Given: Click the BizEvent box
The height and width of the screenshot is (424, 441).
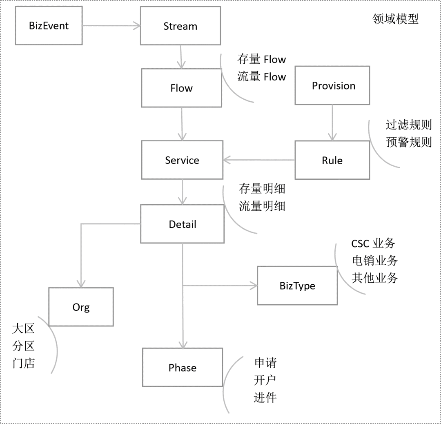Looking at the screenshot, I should (49, 26).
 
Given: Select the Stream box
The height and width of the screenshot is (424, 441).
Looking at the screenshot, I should (180, 26).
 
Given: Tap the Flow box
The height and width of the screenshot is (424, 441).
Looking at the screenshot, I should (181, 88).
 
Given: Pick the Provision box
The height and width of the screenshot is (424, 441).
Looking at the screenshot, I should (332, 85).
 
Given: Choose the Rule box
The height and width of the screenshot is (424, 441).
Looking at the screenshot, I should (332, 160).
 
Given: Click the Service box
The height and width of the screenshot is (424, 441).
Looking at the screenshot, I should (182, 160).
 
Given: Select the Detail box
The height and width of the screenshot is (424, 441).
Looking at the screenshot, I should (183, 224).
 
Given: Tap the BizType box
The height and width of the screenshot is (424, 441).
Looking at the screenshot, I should (297, 286).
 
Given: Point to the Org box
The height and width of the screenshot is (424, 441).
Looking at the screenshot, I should (81, 307).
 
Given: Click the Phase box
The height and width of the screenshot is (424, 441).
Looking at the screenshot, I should (183, 367).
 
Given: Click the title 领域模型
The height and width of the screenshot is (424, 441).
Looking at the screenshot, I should (396, 19).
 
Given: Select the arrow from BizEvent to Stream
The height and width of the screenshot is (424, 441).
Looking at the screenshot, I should (111, 26).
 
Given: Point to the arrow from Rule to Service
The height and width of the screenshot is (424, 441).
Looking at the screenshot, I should (259, 160).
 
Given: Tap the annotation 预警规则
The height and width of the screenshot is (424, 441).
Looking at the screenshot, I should (408, 142).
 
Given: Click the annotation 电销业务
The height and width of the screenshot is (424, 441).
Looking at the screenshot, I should (374, 260).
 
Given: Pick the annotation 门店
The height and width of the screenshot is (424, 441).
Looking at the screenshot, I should (23, 363).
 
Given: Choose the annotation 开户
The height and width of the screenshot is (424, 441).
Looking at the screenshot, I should (265, 380).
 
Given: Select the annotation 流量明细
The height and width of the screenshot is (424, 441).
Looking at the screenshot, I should (262, 206).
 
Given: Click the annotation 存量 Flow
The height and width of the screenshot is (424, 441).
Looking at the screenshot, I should (262, 60).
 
